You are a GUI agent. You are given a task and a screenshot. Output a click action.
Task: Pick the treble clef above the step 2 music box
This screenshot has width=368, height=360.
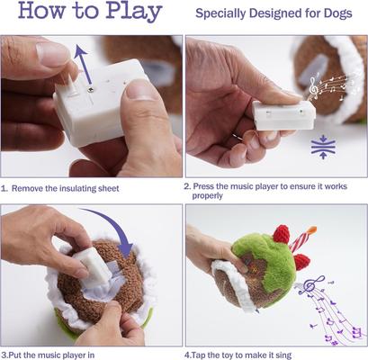pyautogui.click(x=314, y=86)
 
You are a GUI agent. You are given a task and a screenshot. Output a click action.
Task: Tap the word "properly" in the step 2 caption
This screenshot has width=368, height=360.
pyautogui.click(x=210, y=195)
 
